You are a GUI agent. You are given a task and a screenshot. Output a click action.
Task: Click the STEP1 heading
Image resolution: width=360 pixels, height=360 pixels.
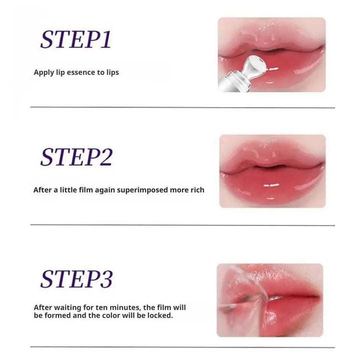click(75, 39)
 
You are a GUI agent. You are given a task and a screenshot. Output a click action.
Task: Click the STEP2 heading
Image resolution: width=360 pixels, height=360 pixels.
click(76, 157)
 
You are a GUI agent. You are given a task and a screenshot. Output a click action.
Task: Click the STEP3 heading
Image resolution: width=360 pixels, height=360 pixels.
click(76, 278)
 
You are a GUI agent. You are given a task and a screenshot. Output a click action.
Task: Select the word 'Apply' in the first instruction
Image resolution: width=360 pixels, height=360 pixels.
click(43, 72)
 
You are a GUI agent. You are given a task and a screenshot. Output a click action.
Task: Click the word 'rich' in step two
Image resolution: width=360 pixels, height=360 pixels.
click(196, 190)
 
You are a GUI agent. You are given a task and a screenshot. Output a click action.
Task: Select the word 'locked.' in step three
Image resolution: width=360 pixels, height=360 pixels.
click(161, 316)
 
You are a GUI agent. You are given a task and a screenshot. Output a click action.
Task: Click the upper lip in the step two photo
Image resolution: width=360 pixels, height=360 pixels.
click(272, 157)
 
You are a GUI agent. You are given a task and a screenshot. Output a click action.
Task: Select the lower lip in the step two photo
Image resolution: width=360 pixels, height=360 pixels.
click(272, 187)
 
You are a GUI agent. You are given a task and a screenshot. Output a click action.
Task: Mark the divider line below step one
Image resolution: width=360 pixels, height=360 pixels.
click(182, 107)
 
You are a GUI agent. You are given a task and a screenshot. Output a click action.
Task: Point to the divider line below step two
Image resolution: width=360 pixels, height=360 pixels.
click(182, 225)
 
